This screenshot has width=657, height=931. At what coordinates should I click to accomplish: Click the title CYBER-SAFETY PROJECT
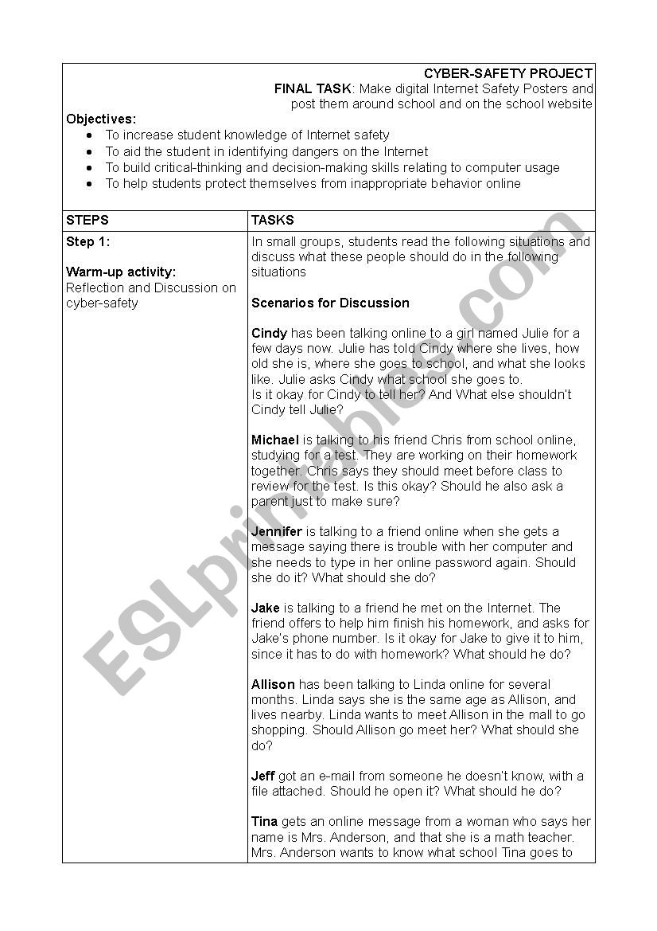coord(507,73)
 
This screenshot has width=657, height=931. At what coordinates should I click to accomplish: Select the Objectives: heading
coord(101,119)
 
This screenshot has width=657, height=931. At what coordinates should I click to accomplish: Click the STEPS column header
coord(87,220)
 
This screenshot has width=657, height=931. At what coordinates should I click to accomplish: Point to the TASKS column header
coord(272,220)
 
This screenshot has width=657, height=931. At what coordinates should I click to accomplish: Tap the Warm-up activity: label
coord(121,272)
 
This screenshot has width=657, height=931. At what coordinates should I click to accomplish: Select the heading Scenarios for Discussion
coord(330,303)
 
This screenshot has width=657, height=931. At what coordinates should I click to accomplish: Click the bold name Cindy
coord(268,333)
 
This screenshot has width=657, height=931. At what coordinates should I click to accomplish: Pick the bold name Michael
coord(275,440)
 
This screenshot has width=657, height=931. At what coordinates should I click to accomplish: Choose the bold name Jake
coord(266,608)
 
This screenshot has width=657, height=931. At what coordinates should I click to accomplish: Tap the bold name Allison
coord(273,684)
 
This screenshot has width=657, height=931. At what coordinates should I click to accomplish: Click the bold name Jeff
coord(263,776)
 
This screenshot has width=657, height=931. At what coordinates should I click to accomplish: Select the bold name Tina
coord(264,821)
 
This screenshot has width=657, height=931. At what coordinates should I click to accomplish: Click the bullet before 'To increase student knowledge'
coord(89,136)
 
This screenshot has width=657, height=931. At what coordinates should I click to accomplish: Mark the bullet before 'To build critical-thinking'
coord(89,168)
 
